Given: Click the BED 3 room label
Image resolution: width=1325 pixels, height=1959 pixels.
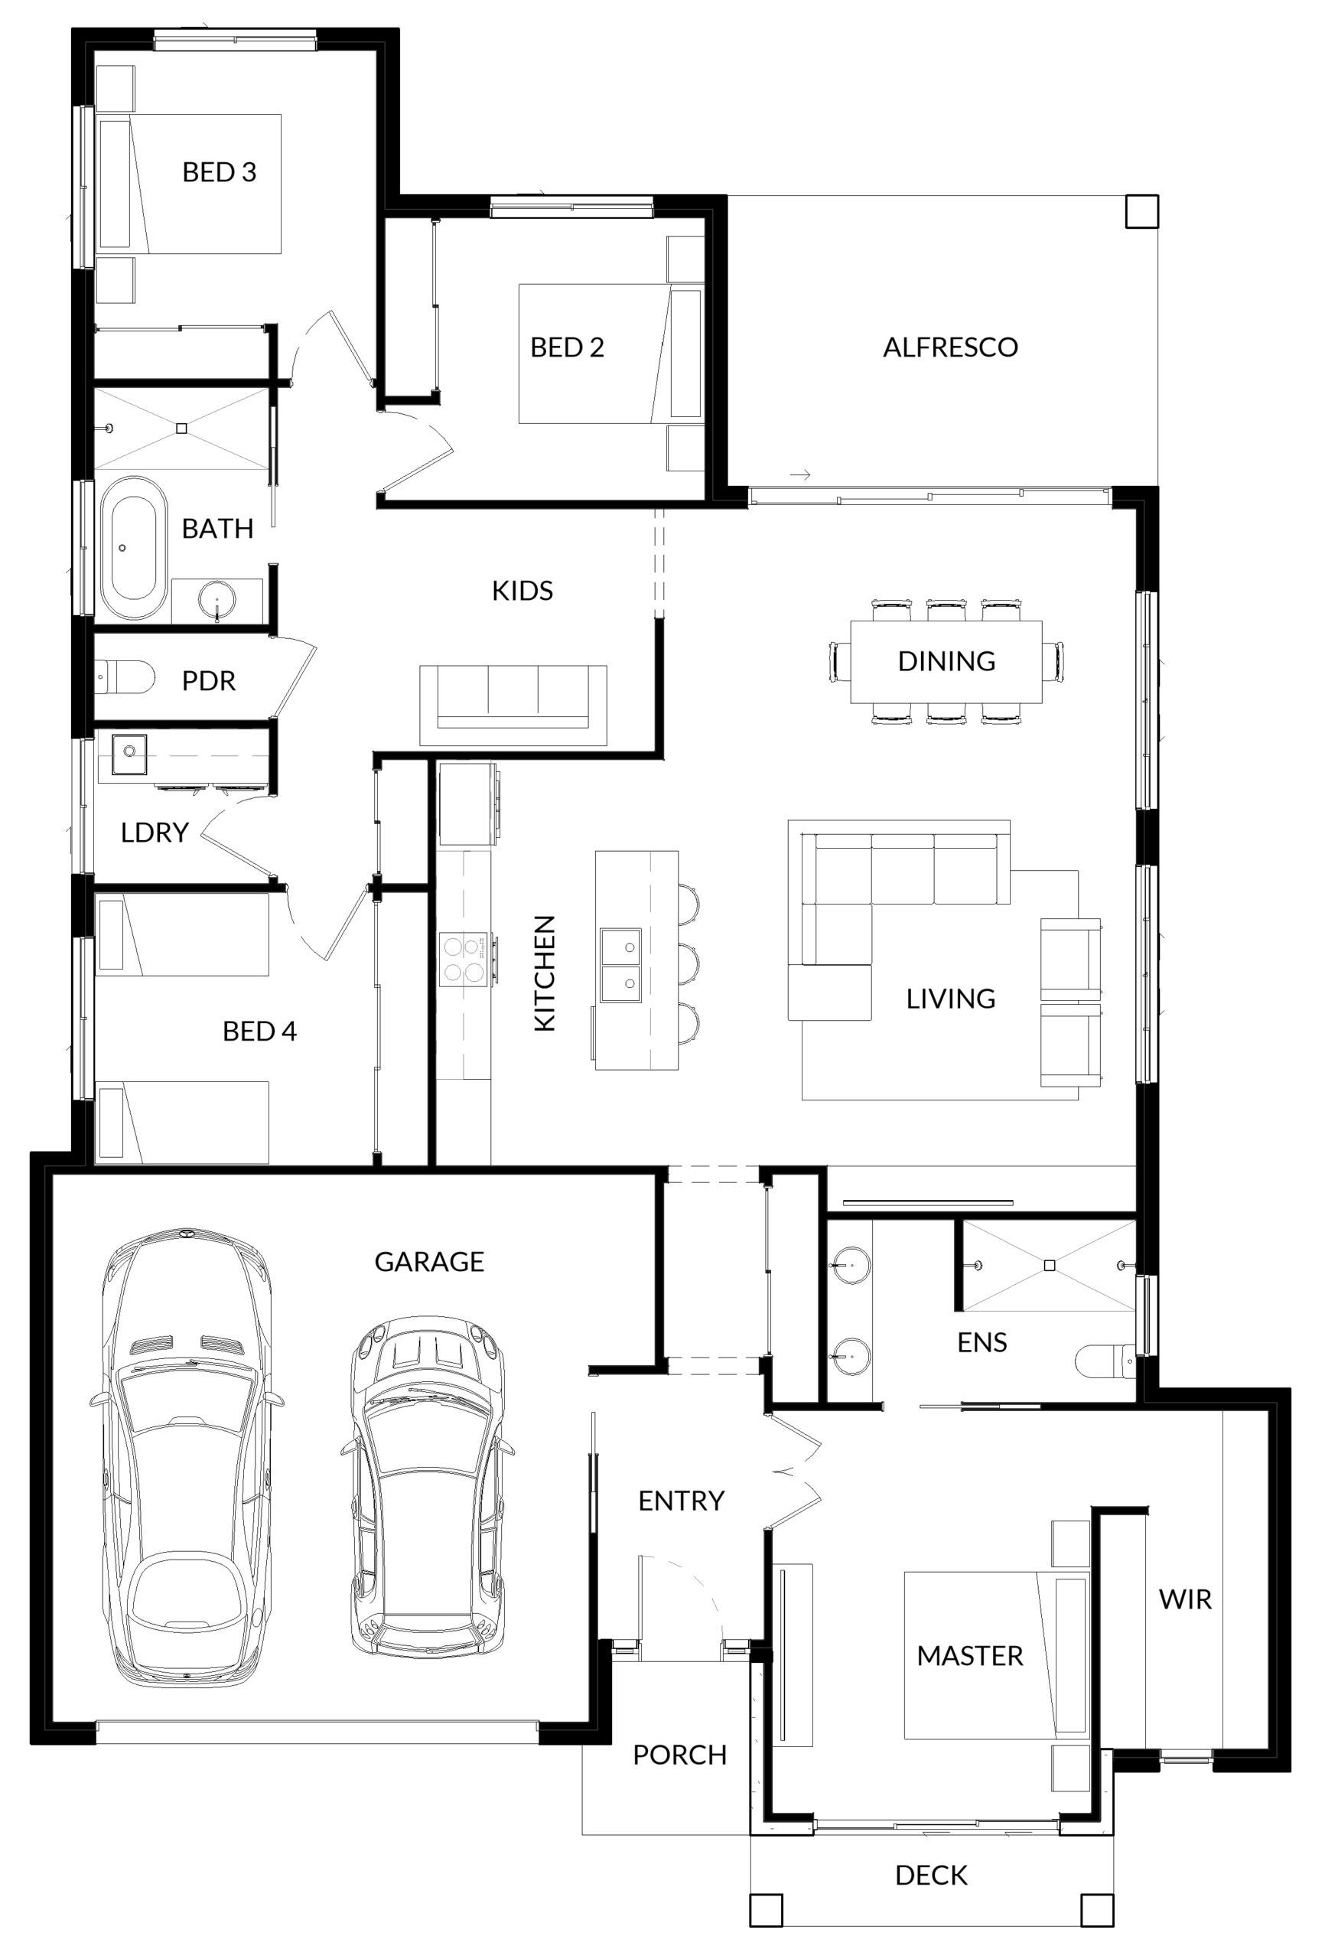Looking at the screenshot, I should (x=218, y=172).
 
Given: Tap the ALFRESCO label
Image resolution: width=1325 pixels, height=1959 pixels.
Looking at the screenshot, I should (x=949, y=347).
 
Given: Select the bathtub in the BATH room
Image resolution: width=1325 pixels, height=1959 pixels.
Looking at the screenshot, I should (x=129, y=547).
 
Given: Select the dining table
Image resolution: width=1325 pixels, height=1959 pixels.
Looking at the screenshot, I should (x=945, y=662).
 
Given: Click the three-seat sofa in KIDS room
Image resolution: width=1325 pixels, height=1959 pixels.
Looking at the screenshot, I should (x=513, y=705).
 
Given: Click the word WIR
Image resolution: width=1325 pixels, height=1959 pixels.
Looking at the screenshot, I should (x=1184, y=1599).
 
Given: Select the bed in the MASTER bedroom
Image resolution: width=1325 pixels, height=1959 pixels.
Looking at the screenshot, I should (x=995, y=1654).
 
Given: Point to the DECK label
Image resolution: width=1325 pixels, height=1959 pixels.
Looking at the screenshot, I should (x=930, y=1875).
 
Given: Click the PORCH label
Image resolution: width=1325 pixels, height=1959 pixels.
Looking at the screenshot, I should (x=679, y=1754).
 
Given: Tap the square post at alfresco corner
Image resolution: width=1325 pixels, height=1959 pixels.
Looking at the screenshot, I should (x=1141, y=211).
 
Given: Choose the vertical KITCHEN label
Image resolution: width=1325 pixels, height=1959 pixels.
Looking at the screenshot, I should (x=545, y=973).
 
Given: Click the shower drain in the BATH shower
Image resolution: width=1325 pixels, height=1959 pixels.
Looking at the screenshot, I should (x=181, y=429).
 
